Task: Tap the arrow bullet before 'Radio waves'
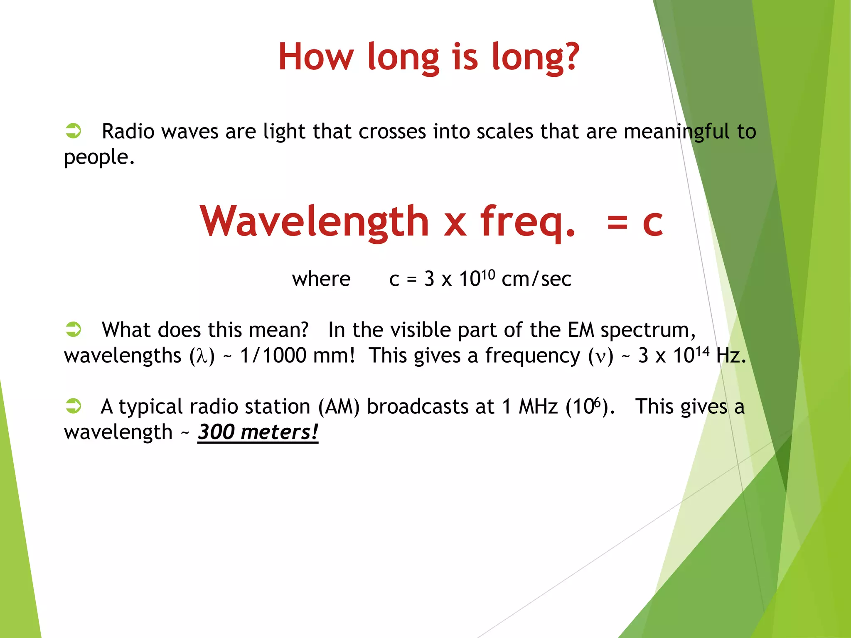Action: pos(74,130)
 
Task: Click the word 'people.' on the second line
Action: pos(99,158)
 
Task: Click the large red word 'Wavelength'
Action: pos(314,222)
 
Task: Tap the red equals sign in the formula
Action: pos(617,222)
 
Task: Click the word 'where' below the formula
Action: pos(321,279)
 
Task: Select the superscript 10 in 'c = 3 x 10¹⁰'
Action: pos(488,274)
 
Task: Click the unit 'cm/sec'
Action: pos(536,279)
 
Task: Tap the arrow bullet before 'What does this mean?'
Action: pos(74,329)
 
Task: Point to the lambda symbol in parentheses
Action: pos(202,356)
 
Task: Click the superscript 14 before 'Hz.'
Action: pos(702,351)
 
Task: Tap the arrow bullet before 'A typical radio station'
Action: pos(74,405)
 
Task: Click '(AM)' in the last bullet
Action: pos(339,407)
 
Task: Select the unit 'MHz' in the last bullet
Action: pos(538,407)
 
